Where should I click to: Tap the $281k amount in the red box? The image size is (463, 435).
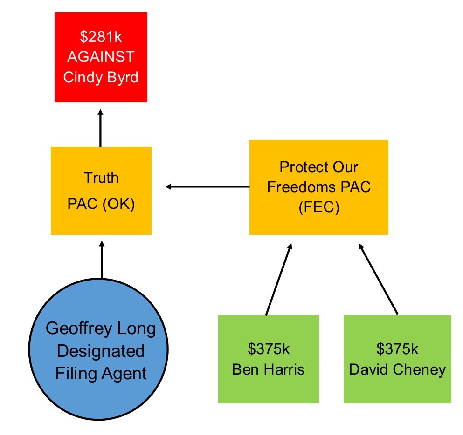point(101,37)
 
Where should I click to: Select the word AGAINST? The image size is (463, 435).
point(101,57)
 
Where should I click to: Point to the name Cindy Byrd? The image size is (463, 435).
point(101,76)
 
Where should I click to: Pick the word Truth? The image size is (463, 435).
point(101,178)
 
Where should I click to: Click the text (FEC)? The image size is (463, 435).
point(318,207)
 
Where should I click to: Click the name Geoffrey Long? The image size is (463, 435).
point(101,329)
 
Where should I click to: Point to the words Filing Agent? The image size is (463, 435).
point(101,373)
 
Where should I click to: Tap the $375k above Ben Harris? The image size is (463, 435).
point(268,348)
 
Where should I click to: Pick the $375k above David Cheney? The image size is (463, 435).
point(397,348)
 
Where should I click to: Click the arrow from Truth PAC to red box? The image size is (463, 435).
point(101,128)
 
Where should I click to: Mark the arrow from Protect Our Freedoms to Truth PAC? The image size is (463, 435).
point(207,187)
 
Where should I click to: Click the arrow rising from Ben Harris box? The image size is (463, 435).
point(279,279)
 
